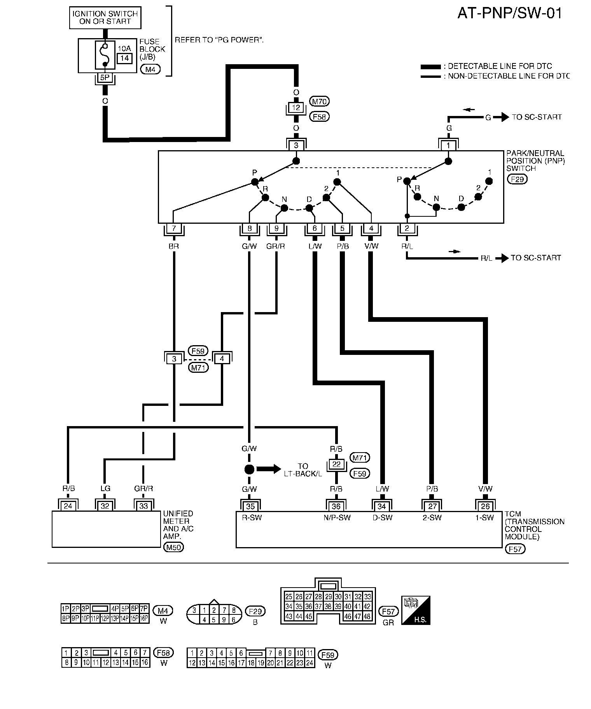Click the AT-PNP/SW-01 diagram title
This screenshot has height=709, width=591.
tap(509, 14)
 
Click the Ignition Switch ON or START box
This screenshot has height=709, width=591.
tap(105, 18)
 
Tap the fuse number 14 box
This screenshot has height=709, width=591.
tap(124, 58)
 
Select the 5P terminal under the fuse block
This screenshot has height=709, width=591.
tap(105, 77)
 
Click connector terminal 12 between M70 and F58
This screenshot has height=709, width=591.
tap(296, 107)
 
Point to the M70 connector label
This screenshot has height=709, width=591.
tap(319, 102)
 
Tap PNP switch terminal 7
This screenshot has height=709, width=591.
tap(174, 228)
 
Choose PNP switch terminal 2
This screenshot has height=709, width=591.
tap(407, 228)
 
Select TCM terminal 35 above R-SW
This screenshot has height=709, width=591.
tap(250, 506)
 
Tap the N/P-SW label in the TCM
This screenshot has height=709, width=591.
tap(336, 518)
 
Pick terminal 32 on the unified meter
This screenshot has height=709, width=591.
tap(105, 506)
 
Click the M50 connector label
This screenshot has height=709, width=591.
tap(174, 547)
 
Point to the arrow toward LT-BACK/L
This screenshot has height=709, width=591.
tap(269, 469)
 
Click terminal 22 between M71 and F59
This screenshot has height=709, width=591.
tap(336, 464)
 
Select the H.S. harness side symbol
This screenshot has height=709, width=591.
tap(416, 610)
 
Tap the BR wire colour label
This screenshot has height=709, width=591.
tap(174, 246)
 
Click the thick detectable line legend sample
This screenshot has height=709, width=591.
tap(431, 67)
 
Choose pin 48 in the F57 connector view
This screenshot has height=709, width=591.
tap(367, 616)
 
